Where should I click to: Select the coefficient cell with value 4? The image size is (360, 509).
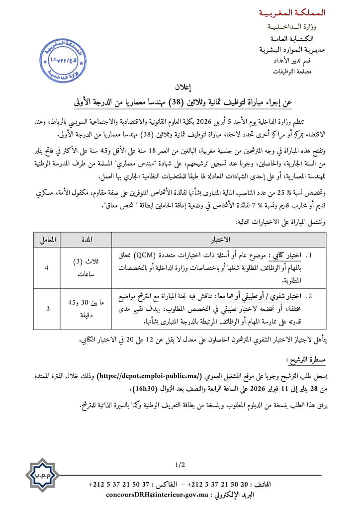click(x=47, y=268)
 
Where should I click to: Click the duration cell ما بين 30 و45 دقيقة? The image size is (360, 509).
click(x=87, y=309)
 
